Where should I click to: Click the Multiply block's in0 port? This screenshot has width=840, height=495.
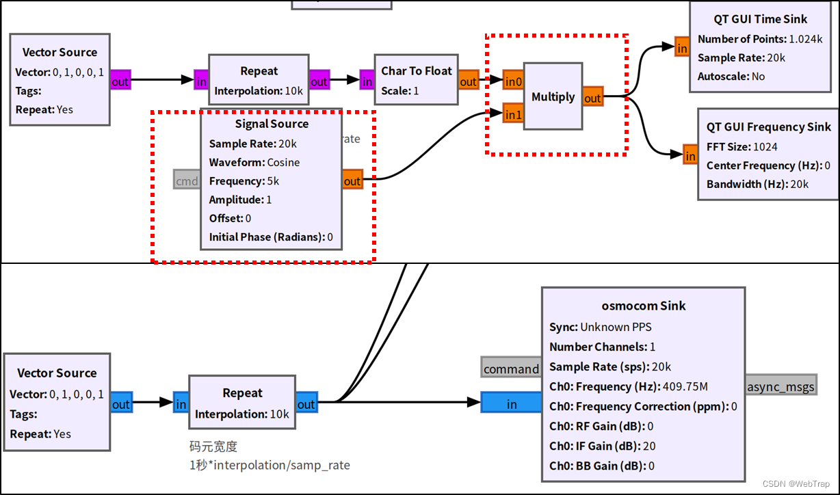512,81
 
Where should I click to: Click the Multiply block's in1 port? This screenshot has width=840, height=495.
512,114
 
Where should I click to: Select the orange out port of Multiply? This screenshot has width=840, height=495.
592,98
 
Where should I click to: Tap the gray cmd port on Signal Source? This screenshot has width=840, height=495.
187,180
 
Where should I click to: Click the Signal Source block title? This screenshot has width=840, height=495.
272,124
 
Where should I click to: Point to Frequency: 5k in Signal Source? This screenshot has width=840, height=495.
244,181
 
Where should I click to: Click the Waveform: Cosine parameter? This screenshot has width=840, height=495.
254,162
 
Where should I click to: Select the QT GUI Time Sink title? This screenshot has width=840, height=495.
750,19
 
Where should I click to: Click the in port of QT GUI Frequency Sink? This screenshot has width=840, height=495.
690,156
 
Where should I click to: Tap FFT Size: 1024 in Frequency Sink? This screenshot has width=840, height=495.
741,146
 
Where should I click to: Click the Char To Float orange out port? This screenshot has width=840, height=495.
468,81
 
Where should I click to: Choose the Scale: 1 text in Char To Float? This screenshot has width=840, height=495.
399,90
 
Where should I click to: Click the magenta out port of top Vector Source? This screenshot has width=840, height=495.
120,81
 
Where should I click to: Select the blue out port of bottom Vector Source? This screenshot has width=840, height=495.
120,404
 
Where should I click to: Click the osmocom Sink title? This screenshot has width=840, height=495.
643,306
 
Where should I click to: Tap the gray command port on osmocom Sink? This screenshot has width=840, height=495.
511,369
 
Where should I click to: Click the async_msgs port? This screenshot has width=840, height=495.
780,386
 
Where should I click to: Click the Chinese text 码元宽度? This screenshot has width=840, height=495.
213,446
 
